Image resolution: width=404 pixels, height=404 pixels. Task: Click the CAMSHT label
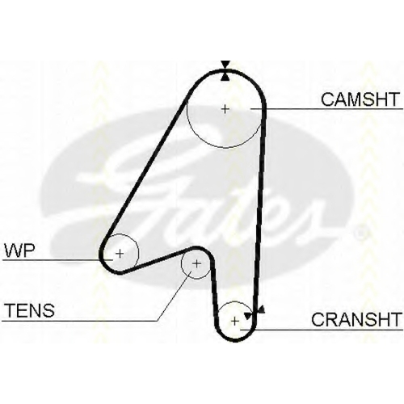pyautogui.click(x=360, y=99)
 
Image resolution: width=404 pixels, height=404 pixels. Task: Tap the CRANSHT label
pyautogui.click(x=356, y=319)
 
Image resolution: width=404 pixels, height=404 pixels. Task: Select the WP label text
pyautogui.click(x=19, y=250)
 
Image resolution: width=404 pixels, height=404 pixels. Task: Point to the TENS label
pyautogui.click(x=30, y=310)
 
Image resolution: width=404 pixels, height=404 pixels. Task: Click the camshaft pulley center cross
pyautogui.click(x=225, y=109)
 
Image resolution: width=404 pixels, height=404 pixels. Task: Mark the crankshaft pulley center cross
pyautogui.click(x=235, y=321)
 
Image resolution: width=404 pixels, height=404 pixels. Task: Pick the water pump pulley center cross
pyautogui.click(x=120, y=254)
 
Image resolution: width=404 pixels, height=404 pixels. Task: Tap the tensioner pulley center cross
pyautogui.click(x=196, y=263)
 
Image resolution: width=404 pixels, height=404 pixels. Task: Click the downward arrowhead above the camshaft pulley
pyautogui.click(x=225, y=65)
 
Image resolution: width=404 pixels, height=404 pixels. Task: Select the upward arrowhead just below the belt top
pyautogui.click(x=225, y=77)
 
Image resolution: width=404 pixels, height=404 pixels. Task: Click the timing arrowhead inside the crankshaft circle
pyautogui.click(x=248, y=315)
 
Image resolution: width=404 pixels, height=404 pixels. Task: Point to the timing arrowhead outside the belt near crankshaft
pyautogui.click(x=261, y=310)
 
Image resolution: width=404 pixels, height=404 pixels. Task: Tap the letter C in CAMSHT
pyautogui.click(x=327, y=99)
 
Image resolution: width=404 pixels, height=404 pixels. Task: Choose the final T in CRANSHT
pyautogui.click(x=395, y=319)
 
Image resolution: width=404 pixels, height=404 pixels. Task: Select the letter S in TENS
pyautogui.click(x=48, y=310)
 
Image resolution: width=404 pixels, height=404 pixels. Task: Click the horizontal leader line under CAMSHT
pyautogui.click(x=326, y=109)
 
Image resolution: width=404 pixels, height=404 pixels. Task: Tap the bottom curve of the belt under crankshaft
pyautogui.click(x=235, y=340)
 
